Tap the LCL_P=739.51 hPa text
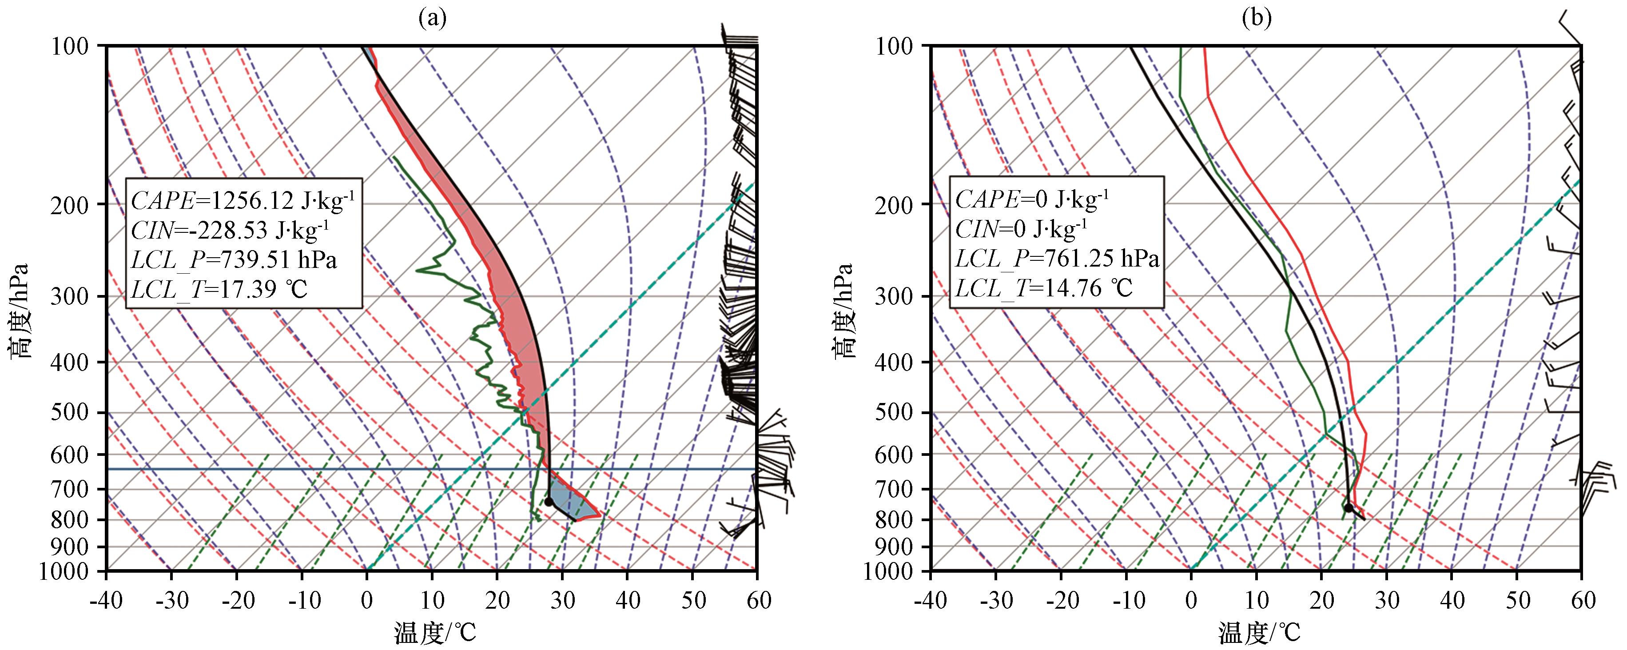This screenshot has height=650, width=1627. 234,259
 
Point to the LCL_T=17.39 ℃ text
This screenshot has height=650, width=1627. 219,289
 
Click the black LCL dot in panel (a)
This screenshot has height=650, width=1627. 549,502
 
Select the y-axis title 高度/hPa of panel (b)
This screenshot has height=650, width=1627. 843,310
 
